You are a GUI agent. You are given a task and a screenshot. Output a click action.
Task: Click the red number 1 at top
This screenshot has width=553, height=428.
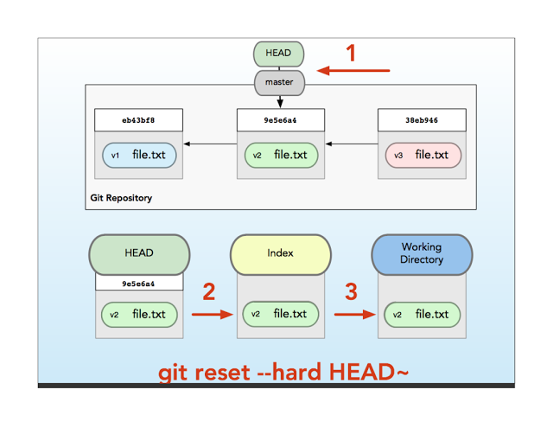[x=351, y=54]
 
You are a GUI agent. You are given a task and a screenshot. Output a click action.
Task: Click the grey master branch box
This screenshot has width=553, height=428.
[x=279, y=83]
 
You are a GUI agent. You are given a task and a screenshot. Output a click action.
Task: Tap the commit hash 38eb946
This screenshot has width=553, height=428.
[x=422, y=119]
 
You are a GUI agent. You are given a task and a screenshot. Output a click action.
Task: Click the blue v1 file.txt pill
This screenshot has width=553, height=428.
[x=138, y=156]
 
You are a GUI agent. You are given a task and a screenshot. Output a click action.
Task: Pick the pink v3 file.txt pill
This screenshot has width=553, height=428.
[x=422, y=156]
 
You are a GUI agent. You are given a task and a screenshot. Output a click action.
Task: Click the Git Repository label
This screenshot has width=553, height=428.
[x=121, y=198]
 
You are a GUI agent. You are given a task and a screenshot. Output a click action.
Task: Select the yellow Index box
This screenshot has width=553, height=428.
[x=281, y=253]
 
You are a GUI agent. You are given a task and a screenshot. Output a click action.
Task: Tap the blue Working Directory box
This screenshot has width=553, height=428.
[x=422, y=253]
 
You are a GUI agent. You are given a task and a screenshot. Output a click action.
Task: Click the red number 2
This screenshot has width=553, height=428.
[x=208, y=292]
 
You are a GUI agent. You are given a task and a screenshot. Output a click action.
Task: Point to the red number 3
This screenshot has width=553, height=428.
[x=351, y=292]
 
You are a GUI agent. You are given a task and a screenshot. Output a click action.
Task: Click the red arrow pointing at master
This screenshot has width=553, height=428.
[x=354, y=70]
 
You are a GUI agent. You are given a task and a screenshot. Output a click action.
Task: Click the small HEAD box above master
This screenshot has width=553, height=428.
[x=279, y=54]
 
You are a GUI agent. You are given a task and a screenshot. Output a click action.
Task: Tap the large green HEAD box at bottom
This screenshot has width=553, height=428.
[x=138, y=253]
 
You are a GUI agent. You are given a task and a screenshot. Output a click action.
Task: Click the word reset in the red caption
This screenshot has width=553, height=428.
[x=222, y=372]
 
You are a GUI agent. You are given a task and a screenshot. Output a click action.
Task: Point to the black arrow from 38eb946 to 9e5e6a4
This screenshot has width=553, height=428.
[x=350, y=144]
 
